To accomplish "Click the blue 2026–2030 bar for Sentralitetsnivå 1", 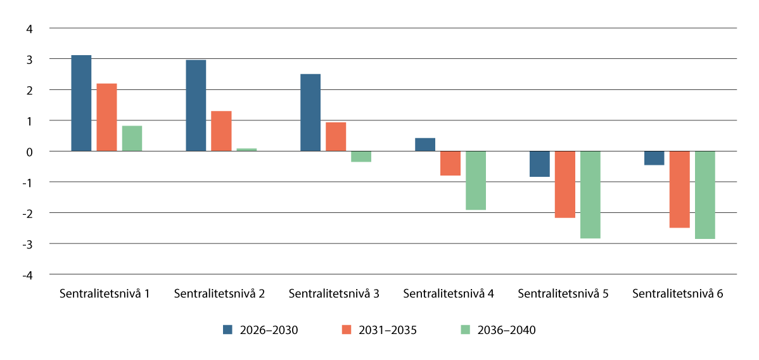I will tap(81, 103).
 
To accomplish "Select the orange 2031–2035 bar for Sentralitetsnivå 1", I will tap(106, 117).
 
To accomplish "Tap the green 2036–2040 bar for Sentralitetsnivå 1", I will tap(132, 138).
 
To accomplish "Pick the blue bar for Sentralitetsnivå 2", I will tap(196, 105).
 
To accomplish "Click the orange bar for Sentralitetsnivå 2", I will tap(221, 131).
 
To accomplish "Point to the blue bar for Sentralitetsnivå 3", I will tap(310, 112).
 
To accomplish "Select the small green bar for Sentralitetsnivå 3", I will tap(361, 157).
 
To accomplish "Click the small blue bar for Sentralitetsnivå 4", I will tap(425, 145).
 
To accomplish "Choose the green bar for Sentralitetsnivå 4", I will tap(476, 180).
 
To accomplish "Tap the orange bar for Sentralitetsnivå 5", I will tap(564, 184).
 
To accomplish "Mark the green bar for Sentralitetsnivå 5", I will tap(590, 195).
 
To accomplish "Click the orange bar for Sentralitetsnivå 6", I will tap(679, 189).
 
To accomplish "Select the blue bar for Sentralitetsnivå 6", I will tap(654, 158).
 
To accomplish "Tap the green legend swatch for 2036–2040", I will tap(466, 330).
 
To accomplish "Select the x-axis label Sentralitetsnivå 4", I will tap(449, 294).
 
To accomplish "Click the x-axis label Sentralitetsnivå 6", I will tap(678, 294).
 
